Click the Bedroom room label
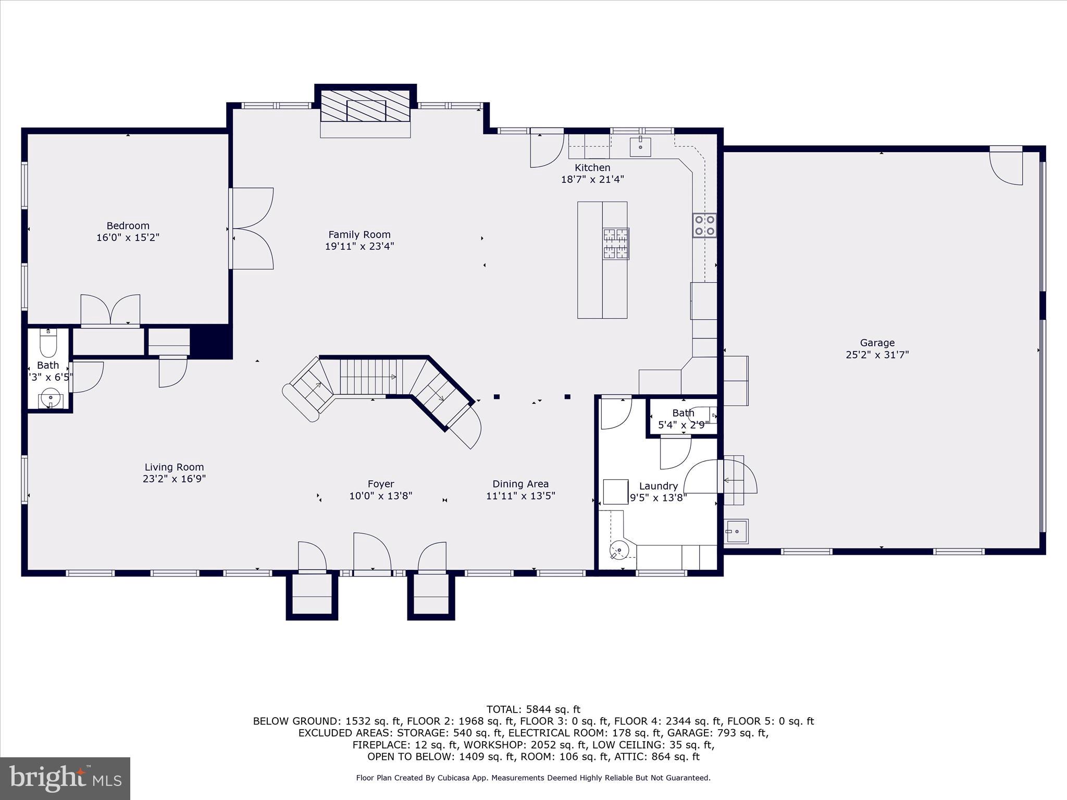pyautogui.click(x=128, y=226)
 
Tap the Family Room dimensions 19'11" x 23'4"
pyautogui.click(x=359, y=246)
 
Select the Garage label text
pyautogui.click(x=877, y=343)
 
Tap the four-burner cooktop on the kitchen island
pyautogui.click(x=616, y=243)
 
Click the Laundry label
pyautogui.click(x=658, y=486)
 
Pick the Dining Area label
pyautogui.click(x=520, y=484)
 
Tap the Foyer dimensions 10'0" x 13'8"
pyautogui.click(x=380, y=496)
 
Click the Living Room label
pyautogui.click(x=174, y=467)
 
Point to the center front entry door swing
pyautogui.click(x=371, y=553)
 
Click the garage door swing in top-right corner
pyautogui.click(x=1007, y=167)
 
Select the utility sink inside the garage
pyautogui.click(x=737, y=531)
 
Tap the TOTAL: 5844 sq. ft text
pyautogui.click(x=533, y=709)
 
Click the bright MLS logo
pyautogui.click(x=65, y=778)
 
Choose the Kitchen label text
pyautogui.click(x=592, y=167)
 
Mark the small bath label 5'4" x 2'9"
pyautogui.click(x=683, y=424)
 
